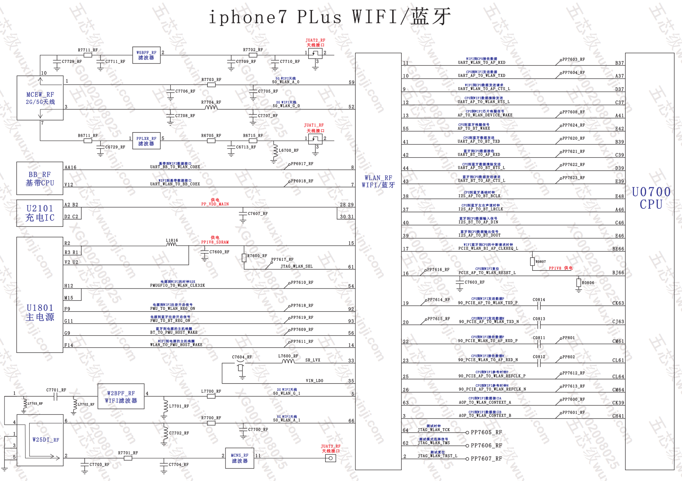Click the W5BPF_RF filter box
tap(146, 55)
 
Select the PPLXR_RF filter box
tap(146, 141)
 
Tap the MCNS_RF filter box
tap(240, 458)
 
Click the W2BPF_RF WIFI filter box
tap(121, 397)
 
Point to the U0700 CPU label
tap(651, 198)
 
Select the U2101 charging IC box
tap(40, 213)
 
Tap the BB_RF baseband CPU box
tap(40, 178)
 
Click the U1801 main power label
tap(40, 313)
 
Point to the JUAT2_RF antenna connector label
tap(315, 40)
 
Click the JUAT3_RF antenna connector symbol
tap(330, 458)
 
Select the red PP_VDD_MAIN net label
tap(215, 204)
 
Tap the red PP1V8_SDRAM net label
tap(215, 242)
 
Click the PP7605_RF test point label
tap(486, 433)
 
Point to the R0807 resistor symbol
tap(532, 262)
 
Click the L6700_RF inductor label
tap(289, 150)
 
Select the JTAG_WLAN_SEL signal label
tap(296, 266)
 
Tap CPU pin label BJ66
tap(618, 273)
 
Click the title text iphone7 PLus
tap(275, 17)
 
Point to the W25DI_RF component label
tap(45, 440)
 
